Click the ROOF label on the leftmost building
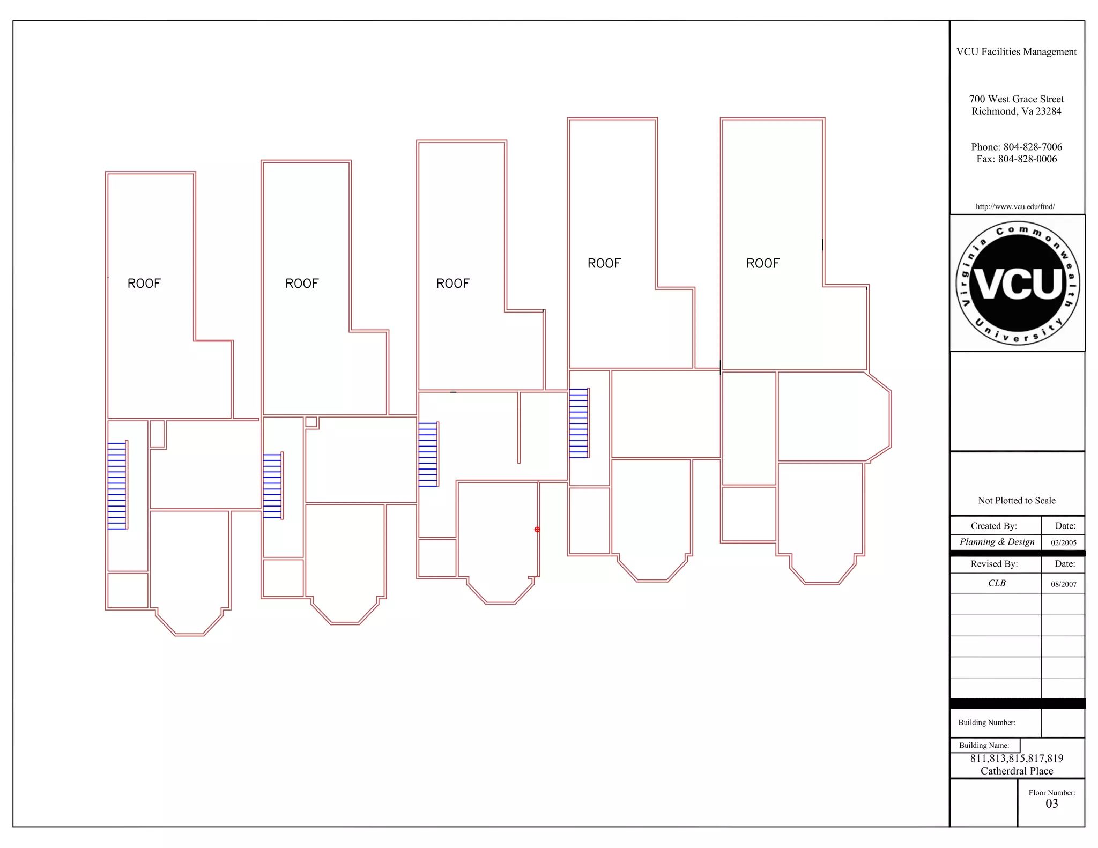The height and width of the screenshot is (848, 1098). click(144, 284)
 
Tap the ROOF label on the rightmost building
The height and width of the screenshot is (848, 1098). click(762, 263)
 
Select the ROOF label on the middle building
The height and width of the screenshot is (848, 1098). click(452, 284)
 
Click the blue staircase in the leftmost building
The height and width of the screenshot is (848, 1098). click(117, 485)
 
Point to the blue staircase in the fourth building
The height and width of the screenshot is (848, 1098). click(578, 423)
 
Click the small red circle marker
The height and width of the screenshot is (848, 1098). click(537, 530)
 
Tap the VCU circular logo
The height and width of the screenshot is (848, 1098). click(1017, 283)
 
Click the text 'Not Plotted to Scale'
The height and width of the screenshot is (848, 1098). click(1017, 500)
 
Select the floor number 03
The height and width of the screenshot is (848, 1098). click(1051, 804)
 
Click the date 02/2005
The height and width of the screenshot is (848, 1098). click(1063, 542)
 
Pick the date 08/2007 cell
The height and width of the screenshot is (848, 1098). click(1063, 584)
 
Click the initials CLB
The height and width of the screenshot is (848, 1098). click(997, 583)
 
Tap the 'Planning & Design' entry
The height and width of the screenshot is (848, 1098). click(997, 542)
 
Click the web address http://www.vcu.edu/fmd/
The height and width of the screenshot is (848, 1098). click(1015, 206)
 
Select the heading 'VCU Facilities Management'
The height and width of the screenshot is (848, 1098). click(1016, 51)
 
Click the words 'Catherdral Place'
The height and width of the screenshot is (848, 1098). click(1017, 771)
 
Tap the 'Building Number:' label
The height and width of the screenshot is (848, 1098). click(986, 723)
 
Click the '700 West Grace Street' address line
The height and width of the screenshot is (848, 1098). click(1016, 99)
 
